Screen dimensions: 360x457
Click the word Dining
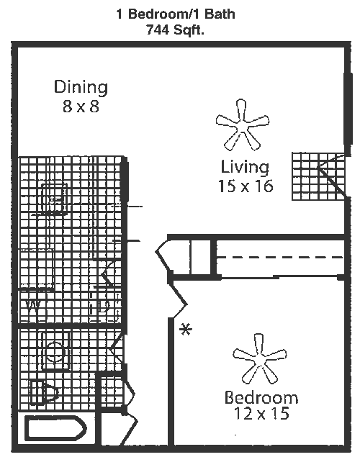(x=81, y=87)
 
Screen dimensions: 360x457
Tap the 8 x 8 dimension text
(x=81, y=106)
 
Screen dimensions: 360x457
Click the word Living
(x=245, y=167)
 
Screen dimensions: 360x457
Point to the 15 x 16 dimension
(x=246, y=186)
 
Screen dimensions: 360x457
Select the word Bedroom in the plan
(x=261, y=397)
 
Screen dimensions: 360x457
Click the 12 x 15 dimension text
(x=261, y=413)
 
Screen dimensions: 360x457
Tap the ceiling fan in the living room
(x=243, y=125)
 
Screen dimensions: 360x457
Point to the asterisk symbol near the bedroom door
(x=185, y=330)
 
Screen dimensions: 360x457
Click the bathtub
(x=55, y=429)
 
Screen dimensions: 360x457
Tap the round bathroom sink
(x=55, y=351)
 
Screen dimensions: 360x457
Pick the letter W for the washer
(x=33, y=306)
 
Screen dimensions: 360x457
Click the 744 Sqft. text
(x=175, y=30)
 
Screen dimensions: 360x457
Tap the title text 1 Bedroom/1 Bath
(x=176, y=14)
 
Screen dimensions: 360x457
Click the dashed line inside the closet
(x=280, y=258)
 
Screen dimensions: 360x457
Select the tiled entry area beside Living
(x=318, y=176)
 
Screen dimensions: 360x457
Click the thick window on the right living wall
(x=348, y=109)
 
